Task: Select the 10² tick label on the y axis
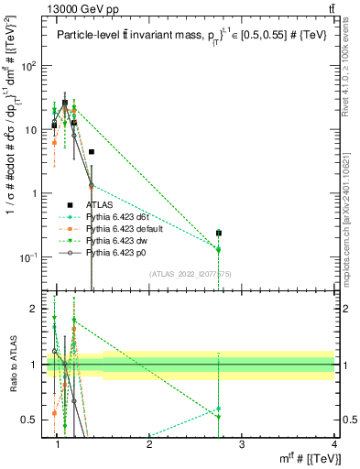[x=31, y=66]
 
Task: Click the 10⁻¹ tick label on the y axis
[x=29, y=257]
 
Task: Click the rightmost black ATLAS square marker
[x=218, y=234]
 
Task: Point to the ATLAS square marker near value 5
[x=92, y=151]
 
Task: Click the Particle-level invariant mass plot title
[x=190, y=37]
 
